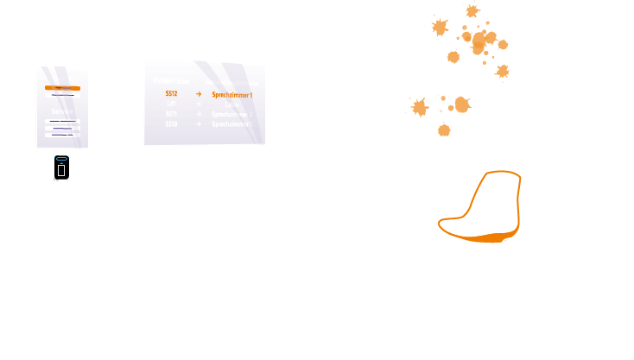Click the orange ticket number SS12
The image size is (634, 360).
[x=171, y=93]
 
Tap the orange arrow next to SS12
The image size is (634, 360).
[x=199, y=93]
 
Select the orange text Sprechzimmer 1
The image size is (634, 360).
[x=232, y=93]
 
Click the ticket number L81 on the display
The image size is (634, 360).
[x=171, y=104]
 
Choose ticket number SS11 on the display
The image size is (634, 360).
[x=171, y=114]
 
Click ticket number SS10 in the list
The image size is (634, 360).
[x=171, y=124]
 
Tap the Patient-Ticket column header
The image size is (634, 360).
[x=171, y=80]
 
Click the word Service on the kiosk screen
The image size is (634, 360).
[x=61, y=111]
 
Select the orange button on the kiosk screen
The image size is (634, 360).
[x=61, y=88]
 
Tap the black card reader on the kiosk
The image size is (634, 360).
[x=60, y=167]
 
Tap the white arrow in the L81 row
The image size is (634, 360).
[x=199, y=104]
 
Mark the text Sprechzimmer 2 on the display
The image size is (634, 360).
[x=232, y=114]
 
